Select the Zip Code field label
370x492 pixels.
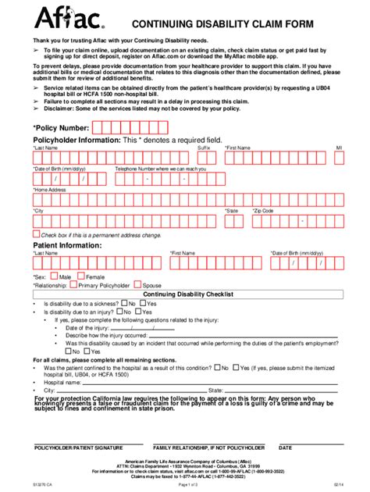point(263,211)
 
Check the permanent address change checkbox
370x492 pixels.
point(36,233)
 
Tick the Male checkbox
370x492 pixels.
point(55,276)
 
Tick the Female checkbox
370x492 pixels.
point(81,276)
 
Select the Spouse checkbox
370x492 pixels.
point(138,285)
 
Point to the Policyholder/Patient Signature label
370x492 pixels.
point(78,448)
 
